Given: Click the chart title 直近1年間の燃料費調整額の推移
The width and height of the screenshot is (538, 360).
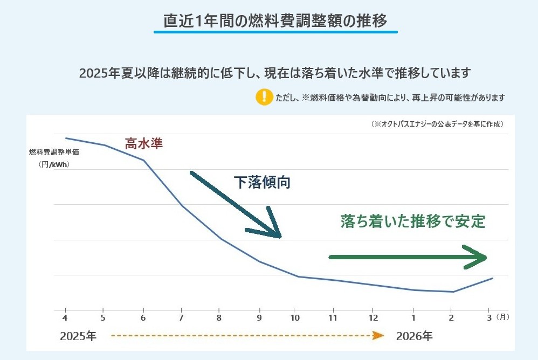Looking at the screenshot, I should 275,22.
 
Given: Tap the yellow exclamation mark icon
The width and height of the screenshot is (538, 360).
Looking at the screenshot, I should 264,97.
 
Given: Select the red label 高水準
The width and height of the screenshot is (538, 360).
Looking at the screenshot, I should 143,144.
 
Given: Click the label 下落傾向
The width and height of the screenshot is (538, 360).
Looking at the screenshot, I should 262,183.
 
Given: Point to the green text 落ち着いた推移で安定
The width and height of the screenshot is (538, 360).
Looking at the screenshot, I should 413,221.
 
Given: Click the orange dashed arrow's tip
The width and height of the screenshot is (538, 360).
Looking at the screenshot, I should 380,336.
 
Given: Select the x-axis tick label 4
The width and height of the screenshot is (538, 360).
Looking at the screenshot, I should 65,317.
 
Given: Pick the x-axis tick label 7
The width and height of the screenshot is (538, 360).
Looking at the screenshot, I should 182,317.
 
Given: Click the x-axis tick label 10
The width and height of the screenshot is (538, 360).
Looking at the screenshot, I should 294,317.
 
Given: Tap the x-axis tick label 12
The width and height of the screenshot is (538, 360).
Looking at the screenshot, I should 373,317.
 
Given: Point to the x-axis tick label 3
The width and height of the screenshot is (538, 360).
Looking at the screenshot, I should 488,317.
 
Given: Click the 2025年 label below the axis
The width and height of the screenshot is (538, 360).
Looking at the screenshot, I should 78,336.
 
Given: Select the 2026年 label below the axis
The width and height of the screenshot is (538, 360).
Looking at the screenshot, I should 414,336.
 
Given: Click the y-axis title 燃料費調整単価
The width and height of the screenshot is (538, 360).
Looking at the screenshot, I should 54,153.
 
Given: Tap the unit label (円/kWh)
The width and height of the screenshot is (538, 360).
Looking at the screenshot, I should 54,165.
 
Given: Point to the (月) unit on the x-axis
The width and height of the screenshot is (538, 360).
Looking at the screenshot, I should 502,317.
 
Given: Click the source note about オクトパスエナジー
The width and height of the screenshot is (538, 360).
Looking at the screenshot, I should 437,124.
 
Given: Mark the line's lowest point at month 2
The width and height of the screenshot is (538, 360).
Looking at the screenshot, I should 453,292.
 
